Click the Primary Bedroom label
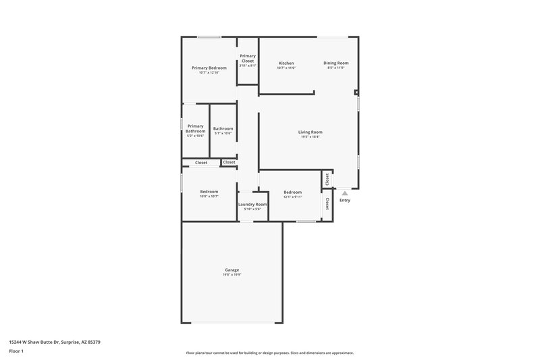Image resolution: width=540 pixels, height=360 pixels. (209, 68)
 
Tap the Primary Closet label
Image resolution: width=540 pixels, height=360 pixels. (248, 58)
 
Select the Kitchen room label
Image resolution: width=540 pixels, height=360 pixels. (286, 63)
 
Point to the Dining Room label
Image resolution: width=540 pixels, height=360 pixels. (335, 63)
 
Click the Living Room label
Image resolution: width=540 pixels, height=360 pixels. (310, 132)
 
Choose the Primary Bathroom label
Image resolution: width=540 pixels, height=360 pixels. (196, 128)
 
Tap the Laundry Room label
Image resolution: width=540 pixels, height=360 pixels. (252, 204)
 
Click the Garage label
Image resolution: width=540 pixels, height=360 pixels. (232, 270)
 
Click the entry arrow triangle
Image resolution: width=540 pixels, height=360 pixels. (345, 193)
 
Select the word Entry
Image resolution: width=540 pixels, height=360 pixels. (345, 200)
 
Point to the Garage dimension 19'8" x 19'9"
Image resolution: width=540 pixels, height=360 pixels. (232, 275)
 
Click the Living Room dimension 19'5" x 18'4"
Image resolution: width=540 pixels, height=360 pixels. (310, 136)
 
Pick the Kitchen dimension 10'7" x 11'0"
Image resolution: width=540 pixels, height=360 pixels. (286, 68)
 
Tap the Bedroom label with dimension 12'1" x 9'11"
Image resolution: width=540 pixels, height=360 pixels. (292, 192)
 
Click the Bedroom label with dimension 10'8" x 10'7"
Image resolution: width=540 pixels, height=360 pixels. (209, 191)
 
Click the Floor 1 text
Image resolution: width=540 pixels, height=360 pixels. (17, 351)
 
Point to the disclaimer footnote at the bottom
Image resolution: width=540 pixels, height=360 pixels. (269, 353)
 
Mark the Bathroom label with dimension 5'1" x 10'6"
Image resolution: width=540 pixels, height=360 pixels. (223, 128)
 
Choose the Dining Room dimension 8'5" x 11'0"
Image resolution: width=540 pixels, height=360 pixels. (335, 68)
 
